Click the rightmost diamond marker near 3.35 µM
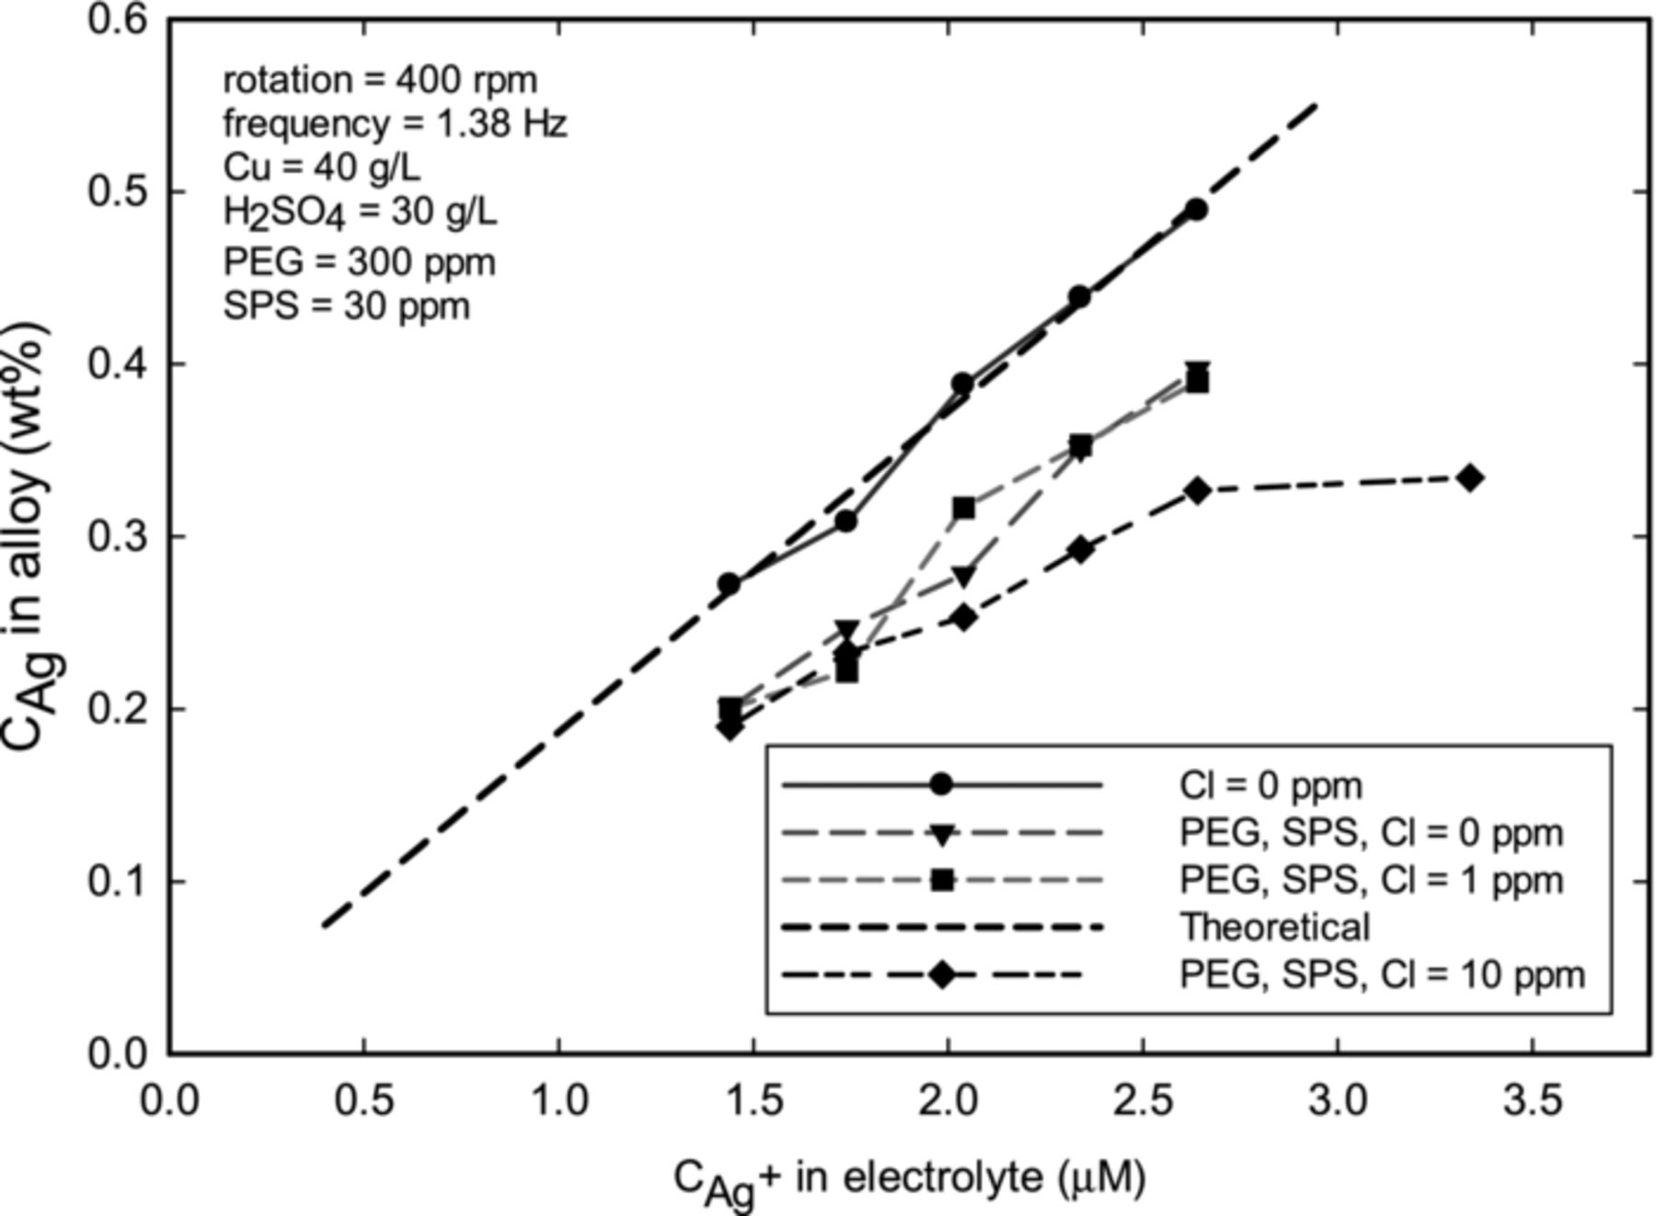pyautogui.click(x=1470, y=477)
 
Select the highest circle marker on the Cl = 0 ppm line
pyautogui.click(x=1195, y=210)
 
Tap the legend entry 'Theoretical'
pyautogui.click(x=1275, y=926)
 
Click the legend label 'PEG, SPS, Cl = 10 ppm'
pyautogui.click(x=1382, y=974)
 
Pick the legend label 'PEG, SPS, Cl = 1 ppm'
pyautogui.click(x=1371, y=879)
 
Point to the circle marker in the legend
pyautogui.click(x=941, y=785)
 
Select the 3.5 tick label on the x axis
pyautogui.click(x=1532, y=1100)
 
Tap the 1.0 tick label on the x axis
pyautogui.click(x=559, y=1100)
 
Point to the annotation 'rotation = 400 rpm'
pyautogui.click(x=380, y=80)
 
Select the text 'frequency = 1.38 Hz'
pyautogui.click(x=395, y=123)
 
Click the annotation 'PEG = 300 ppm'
pyautogui.click(x=359, y=262)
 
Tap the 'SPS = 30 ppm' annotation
pyautogui.click(x=346, y=305)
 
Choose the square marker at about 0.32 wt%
pyautogui.click(x=963, y=508)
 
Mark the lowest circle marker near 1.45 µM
pyautogui.click(x=729, y=584)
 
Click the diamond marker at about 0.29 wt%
pyautogui.click(x=1081, y=550)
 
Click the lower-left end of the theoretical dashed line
pyautogui.click(x=325, y=924)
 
